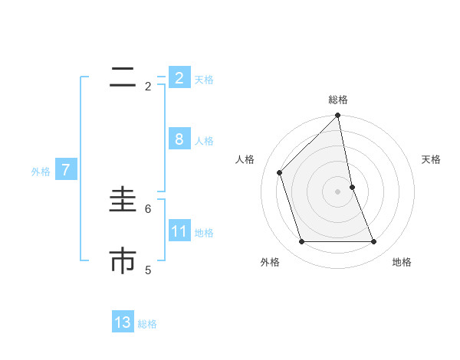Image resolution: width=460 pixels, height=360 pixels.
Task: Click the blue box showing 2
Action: (x=179, y=78)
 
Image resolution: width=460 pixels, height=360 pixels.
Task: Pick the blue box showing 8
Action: (x=179, y=139)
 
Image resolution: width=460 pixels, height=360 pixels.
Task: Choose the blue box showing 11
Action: (x=179, y=231)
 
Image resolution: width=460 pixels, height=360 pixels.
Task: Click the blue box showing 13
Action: (x=123, y=322)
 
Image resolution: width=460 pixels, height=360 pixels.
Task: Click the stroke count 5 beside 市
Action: (x=148, y=270)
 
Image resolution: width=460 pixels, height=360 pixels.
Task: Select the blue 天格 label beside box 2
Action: (x=204, y=80)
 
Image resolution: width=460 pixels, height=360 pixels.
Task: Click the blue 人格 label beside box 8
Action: (x=204, y=141)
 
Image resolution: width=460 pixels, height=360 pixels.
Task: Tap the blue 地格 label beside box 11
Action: (x=204, y=233)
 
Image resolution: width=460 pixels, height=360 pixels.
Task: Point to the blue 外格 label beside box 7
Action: (x=41, y=172)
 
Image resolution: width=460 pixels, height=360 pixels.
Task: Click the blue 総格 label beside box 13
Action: (x=147, y=324)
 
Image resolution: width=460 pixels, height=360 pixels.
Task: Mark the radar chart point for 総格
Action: (x=338, y=116)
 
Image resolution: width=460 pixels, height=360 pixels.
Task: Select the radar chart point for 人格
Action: (x=280, y=172)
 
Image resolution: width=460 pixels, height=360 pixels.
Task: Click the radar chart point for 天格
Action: (x=352, y=187)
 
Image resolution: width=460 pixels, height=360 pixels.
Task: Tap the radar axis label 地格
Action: (x=402, y=262)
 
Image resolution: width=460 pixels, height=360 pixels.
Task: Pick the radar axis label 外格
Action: (x=270, y=262)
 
